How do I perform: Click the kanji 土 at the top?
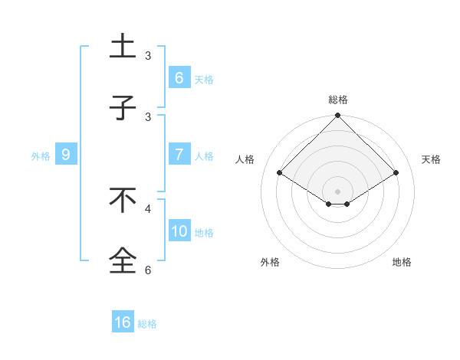click(x=123, y=45)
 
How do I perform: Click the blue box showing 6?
click(x=179, y=77)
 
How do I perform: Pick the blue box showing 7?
click(x=179, y=155)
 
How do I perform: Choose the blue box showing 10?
click(x=179, y=231)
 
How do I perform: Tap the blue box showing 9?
click(x=66, y=155)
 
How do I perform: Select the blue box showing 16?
click(x=122, y=322)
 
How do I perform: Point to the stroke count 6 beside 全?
click(x=148, y=270)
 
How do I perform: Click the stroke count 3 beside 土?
click(x=148, y=56)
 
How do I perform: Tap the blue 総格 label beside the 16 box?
click(x=147, y=324)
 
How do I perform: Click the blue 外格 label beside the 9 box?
click(x=41, y=156)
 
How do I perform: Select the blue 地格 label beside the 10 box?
click(x=204, y=233)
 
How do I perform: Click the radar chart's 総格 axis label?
click(x=337, y=100)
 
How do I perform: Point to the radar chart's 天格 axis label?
click(x=431, y=159)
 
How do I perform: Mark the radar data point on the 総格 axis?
click(x=337, y=116)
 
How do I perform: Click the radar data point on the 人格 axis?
click(x=280, y=173)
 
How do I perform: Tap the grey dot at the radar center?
click(x=337, y=191)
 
